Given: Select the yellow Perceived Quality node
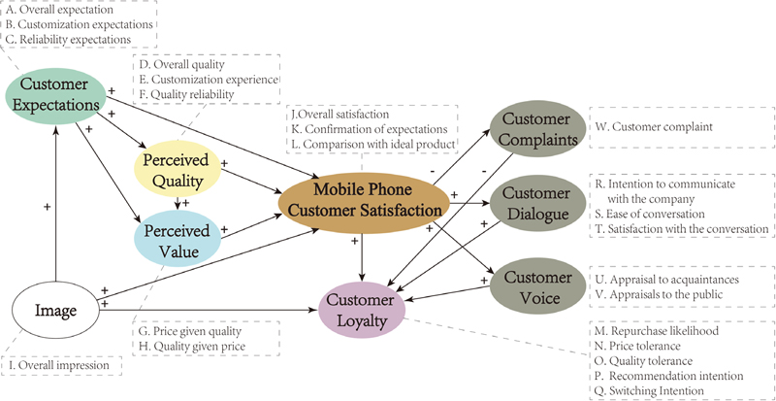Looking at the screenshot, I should tap(178, 168).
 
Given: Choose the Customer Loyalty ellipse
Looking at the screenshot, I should tap(362, 312).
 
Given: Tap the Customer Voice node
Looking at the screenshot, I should tap(534, 286).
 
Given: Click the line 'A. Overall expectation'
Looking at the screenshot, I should tap(67, 9).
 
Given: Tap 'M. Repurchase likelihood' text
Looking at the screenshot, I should tap(657, 331).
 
